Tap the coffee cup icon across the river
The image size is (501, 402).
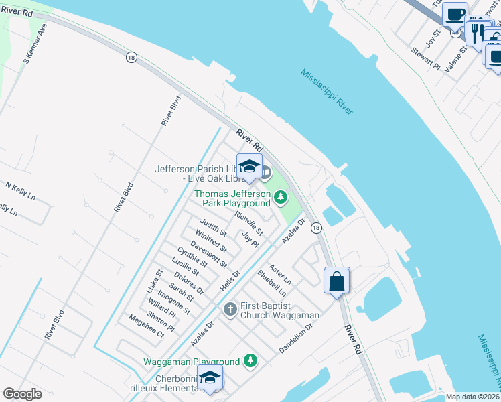455,14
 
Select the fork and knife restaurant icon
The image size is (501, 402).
478,30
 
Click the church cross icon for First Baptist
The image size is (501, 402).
230,309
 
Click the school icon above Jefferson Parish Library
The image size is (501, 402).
249,167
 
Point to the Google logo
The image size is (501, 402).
22,394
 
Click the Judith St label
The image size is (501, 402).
214,228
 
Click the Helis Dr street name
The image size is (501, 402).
230,282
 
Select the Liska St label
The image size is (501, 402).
155,281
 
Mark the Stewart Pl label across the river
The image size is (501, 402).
425,58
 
